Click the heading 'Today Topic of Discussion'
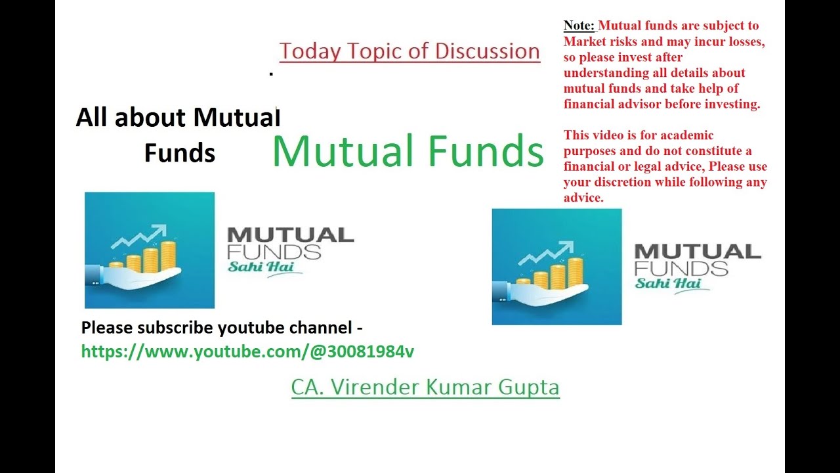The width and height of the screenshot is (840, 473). pyautogui.click(x=409, y=51)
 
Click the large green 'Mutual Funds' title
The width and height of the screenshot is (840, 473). pyautogui.click(x=408, y=150)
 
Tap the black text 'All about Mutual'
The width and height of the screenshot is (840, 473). pyautogui.click(x=178, y=118)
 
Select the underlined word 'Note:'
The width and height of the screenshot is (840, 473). pyautogui.click(x=579, y=26)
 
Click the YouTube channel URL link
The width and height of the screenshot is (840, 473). pyautogui.click(x=247, y=351)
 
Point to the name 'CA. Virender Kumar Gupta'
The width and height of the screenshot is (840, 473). pyautogui.click(x=425, y=387)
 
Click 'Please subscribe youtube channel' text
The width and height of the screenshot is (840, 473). pyautogui.click(x=222, y=327)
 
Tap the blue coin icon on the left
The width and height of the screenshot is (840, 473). pyautogui.click(x=150, y=250)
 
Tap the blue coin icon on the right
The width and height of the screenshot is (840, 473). pyautogui.click(x=556, y=267)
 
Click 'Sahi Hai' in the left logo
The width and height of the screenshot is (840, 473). pyautogui.click(x=261, y=267)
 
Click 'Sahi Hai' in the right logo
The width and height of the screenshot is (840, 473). pyautogui.click(x=668, y=283)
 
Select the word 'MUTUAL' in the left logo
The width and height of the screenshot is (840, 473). pyautogui.click(x=290, y=235)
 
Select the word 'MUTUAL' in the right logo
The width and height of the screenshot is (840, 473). pyautogui.click(x=698, y=251)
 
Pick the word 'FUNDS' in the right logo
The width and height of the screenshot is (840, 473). pyautogui.click(x=681, y=267)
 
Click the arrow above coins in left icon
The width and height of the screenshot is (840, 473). pyautogui.click(x=139, y=236)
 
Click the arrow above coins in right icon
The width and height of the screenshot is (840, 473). pyautogui.click(x=546, y=252)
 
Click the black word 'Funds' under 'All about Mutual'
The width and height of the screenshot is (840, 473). pyautogui.click(x=179, y=153)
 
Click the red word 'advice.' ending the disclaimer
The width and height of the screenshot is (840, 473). pyautogui.click(x=583, y=198)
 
